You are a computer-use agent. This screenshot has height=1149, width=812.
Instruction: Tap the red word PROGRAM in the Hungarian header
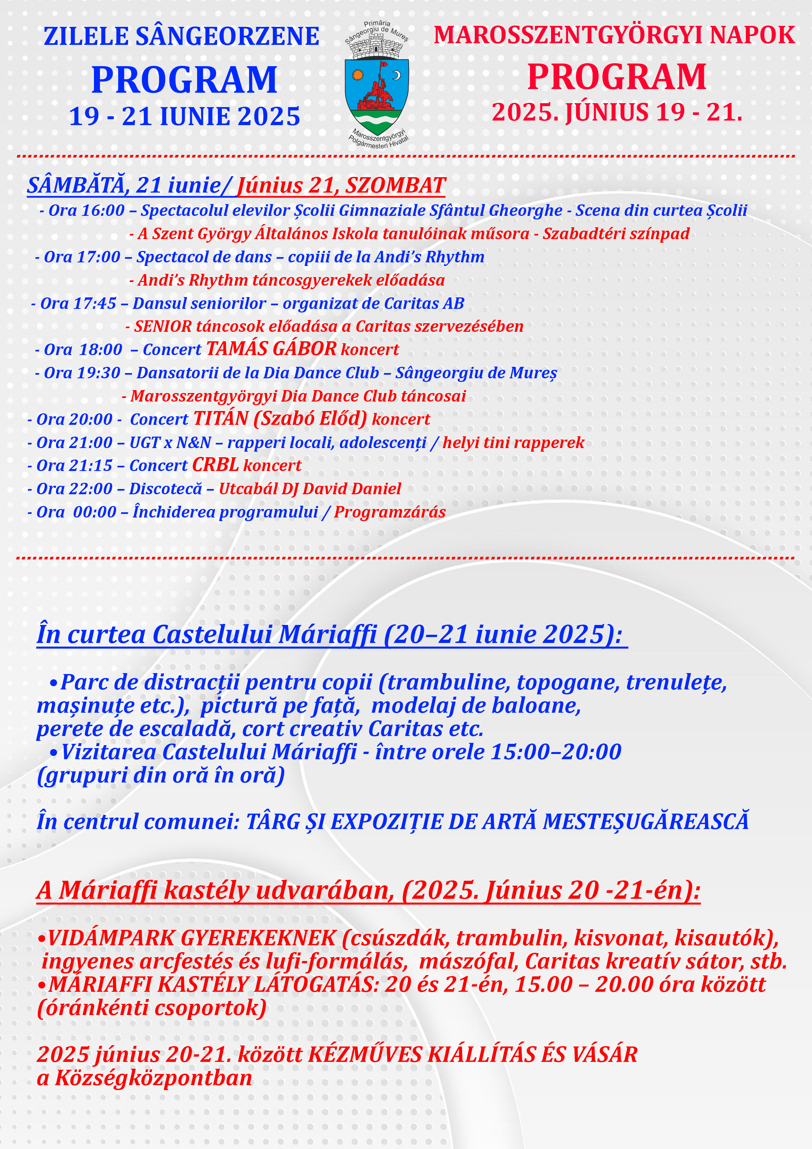click(617, 77)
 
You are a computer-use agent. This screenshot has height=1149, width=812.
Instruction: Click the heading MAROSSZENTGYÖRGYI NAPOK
click(614, 35)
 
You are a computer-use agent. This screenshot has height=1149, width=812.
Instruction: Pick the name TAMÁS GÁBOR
click(271, 349)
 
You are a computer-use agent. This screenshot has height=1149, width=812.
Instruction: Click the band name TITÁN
click(221, 418)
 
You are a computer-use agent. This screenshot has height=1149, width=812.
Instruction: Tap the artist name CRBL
click(215, 465)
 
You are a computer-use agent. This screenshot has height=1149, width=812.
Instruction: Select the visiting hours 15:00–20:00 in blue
click(556, 752)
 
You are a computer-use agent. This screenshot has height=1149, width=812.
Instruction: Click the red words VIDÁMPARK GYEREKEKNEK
click(192, 938)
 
